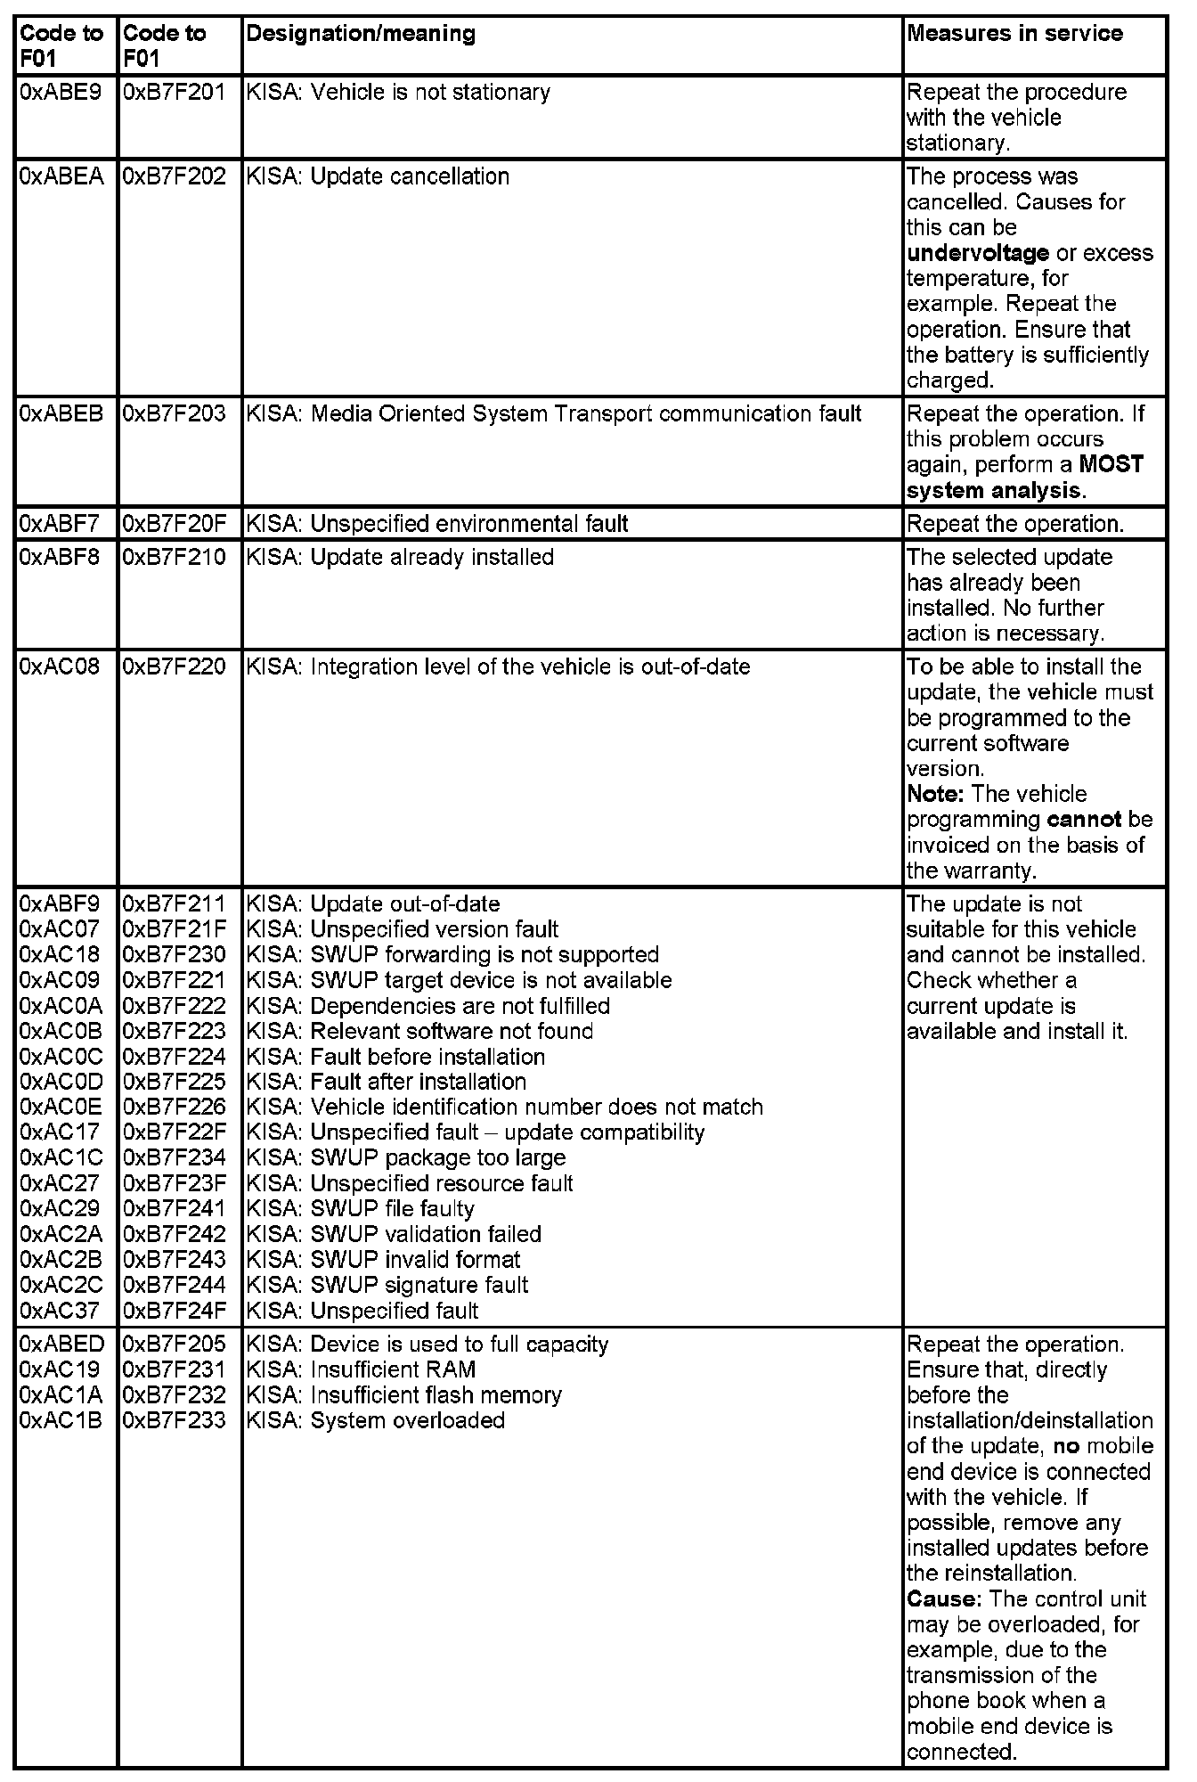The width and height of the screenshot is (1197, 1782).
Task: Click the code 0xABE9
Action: (x=61, y=93)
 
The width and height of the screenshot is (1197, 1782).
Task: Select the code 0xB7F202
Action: (x=175, y=176)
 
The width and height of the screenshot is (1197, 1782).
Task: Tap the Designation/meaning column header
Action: (x=361, y=34)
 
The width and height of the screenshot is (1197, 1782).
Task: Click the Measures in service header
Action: (x=1014, y=34)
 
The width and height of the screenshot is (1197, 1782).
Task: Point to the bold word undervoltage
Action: (x=977, y=253)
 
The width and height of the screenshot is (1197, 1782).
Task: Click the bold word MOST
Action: (x=1111, y=465)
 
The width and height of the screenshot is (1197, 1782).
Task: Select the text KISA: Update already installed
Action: (x=400, y=558)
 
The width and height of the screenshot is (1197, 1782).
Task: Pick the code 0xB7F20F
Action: (x=175, y=524)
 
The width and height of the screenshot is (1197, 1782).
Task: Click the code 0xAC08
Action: (x=60, y=667)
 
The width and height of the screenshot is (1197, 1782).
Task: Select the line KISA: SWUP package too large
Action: (x=406, y=1158)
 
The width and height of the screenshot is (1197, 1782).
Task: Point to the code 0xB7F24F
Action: (x=175, y=1311)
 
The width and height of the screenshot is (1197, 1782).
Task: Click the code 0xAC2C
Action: (x=61, y=1286)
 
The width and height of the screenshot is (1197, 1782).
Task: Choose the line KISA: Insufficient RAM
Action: (x=361, y=1369)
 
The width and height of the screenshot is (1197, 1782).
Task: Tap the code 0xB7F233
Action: (x=175, y=1420)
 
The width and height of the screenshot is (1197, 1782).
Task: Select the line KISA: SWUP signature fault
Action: (x=387, y=1286)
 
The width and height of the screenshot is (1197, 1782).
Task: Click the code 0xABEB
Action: (x=61, y=414)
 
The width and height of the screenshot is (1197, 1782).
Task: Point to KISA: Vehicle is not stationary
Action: (x=398, y=93)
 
